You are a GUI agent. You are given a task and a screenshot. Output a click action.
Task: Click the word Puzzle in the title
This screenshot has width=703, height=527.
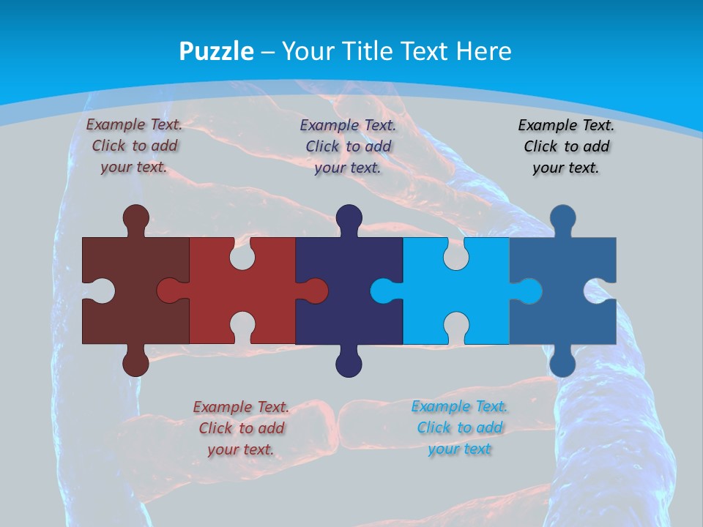tap(217, 52)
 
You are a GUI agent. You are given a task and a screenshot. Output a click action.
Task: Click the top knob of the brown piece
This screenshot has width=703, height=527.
tap(135, 218)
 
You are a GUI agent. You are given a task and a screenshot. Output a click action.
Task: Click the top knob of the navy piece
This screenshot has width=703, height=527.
tap(349, 218)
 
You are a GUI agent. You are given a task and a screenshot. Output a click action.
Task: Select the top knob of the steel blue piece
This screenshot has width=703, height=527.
tap(562, 218)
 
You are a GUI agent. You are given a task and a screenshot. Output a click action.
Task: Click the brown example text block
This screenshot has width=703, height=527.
tap(134, 146)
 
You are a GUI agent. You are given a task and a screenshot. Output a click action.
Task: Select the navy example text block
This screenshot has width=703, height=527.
tap(348, 146)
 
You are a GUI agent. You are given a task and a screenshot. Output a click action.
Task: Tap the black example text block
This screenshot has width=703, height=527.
tap(566, 146)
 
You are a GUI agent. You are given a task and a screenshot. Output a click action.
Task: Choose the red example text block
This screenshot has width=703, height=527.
tap(241, 428)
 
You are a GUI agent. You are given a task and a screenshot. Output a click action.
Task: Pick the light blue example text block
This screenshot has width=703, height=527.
tap(459, 427)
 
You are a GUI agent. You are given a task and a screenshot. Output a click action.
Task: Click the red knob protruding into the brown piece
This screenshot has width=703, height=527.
tap(170, 291)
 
